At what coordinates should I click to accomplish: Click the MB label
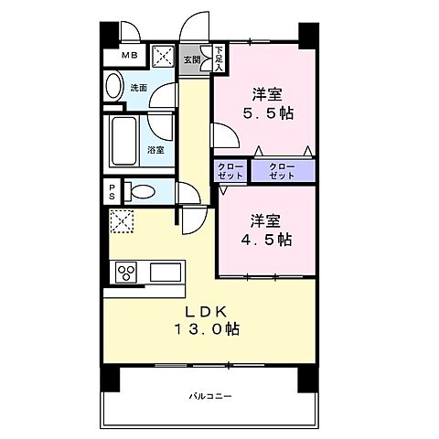click(132, 56)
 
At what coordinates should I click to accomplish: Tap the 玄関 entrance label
click(191, 60)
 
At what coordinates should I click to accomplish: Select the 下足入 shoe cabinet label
click(219, 59)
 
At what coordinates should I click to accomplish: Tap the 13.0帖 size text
click(209, 329)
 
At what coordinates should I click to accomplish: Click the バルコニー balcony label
click(211, 396)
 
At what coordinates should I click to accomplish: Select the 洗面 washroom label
click(138, 89)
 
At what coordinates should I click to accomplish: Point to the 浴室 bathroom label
click(155, 149)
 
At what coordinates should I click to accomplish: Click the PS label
click(112, 191)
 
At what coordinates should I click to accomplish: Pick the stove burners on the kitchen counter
click(124, 272)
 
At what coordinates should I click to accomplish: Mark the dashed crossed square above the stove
click(121, 221)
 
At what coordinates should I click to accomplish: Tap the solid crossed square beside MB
click(164, 56)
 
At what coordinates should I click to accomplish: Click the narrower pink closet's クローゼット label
click(229, 171)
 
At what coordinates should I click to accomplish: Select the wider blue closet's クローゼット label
click(283, 171)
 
